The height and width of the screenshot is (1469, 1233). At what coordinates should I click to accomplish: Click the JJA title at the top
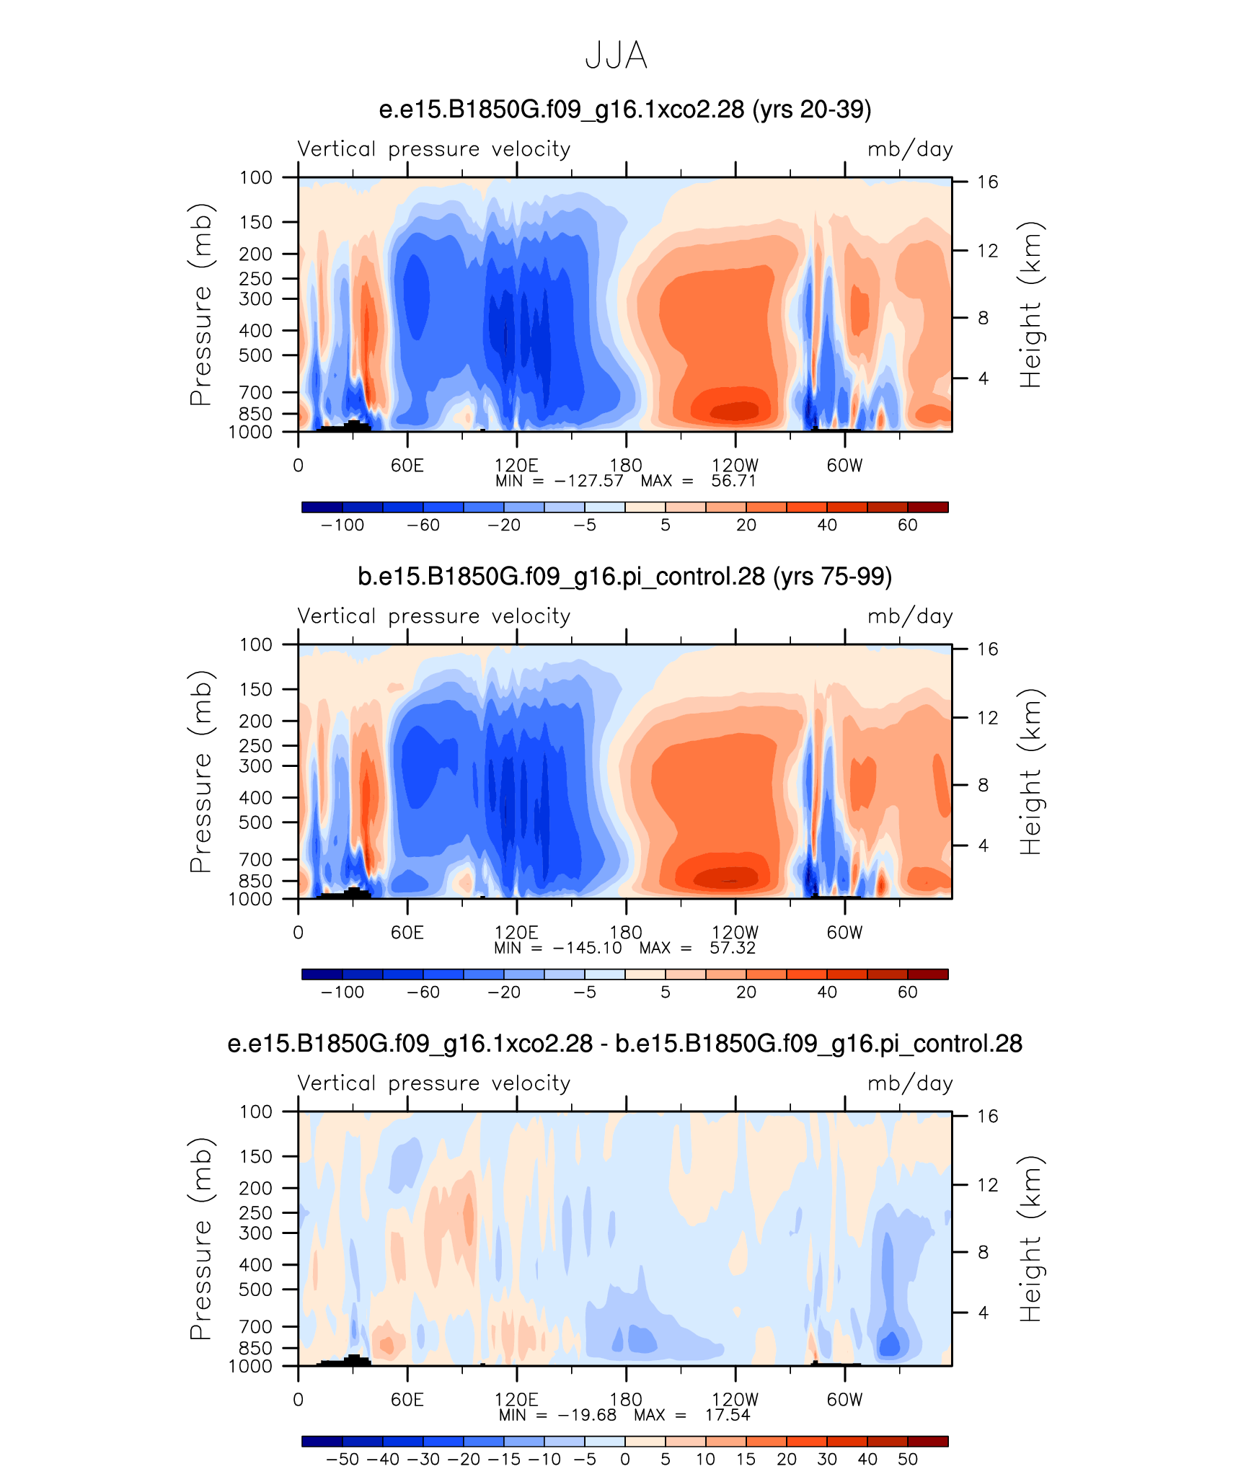click(616, 55)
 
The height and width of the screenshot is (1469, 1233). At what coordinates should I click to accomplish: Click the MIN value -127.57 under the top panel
click(588, 481)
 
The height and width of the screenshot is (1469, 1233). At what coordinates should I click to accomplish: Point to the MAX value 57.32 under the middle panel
click(733, 948)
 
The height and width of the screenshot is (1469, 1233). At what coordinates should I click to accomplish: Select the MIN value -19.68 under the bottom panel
click(587, 1415)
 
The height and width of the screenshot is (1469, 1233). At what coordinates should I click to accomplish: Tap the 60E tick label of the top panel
click(407, 465)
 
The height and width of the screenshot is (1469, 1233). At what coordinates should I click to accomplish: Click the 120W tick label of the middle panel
click(735, 932)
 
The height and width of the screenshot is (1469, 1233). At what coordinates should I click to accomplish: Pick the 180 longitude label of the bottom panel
click(626, 1399)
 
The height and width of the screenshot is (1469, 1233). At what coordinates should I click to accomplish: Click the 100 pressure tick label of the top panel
click(256, 177)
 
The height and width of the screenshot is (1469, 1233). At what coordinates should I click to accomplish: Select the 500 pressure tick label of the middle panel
click(256, 822)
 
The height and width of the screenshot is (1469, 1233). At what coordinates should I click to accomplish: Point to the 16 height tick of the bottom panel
click(988, 1117)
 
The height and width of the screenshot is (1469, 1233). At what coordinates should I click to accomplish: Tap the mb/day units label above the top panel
click(910, 149)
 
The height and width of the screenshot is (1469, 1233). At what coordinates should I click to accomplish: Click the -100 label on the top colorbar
click(342, 525)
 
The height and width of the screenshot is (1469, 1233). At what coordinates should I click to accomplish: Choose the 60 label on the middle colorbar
click(908, 992)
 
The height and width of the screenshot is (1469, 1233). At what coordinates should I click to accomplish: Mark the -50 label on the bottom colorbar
click(342, 1459)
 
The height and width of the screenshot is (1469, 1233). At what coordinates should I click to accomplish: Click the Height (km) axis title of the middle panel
click(1031, 772)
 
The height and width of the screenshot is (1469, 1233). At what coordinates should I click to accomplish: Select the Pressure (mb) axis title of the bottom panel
click(201, 1239)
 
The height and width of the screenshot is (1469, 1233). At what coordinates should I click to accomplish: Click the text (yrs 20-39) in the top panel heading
click(812, 110)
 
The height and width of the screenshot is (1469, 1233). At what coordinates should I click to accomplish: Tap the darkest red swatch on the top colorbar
click(928, 507)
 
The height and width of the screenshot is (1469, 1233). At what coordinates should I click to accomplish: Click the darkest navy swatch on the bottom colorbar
click(322, 1441)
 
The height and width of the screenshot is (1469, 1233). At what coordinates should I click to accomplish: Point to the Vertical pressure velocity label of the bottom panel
click(434, 1083)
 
